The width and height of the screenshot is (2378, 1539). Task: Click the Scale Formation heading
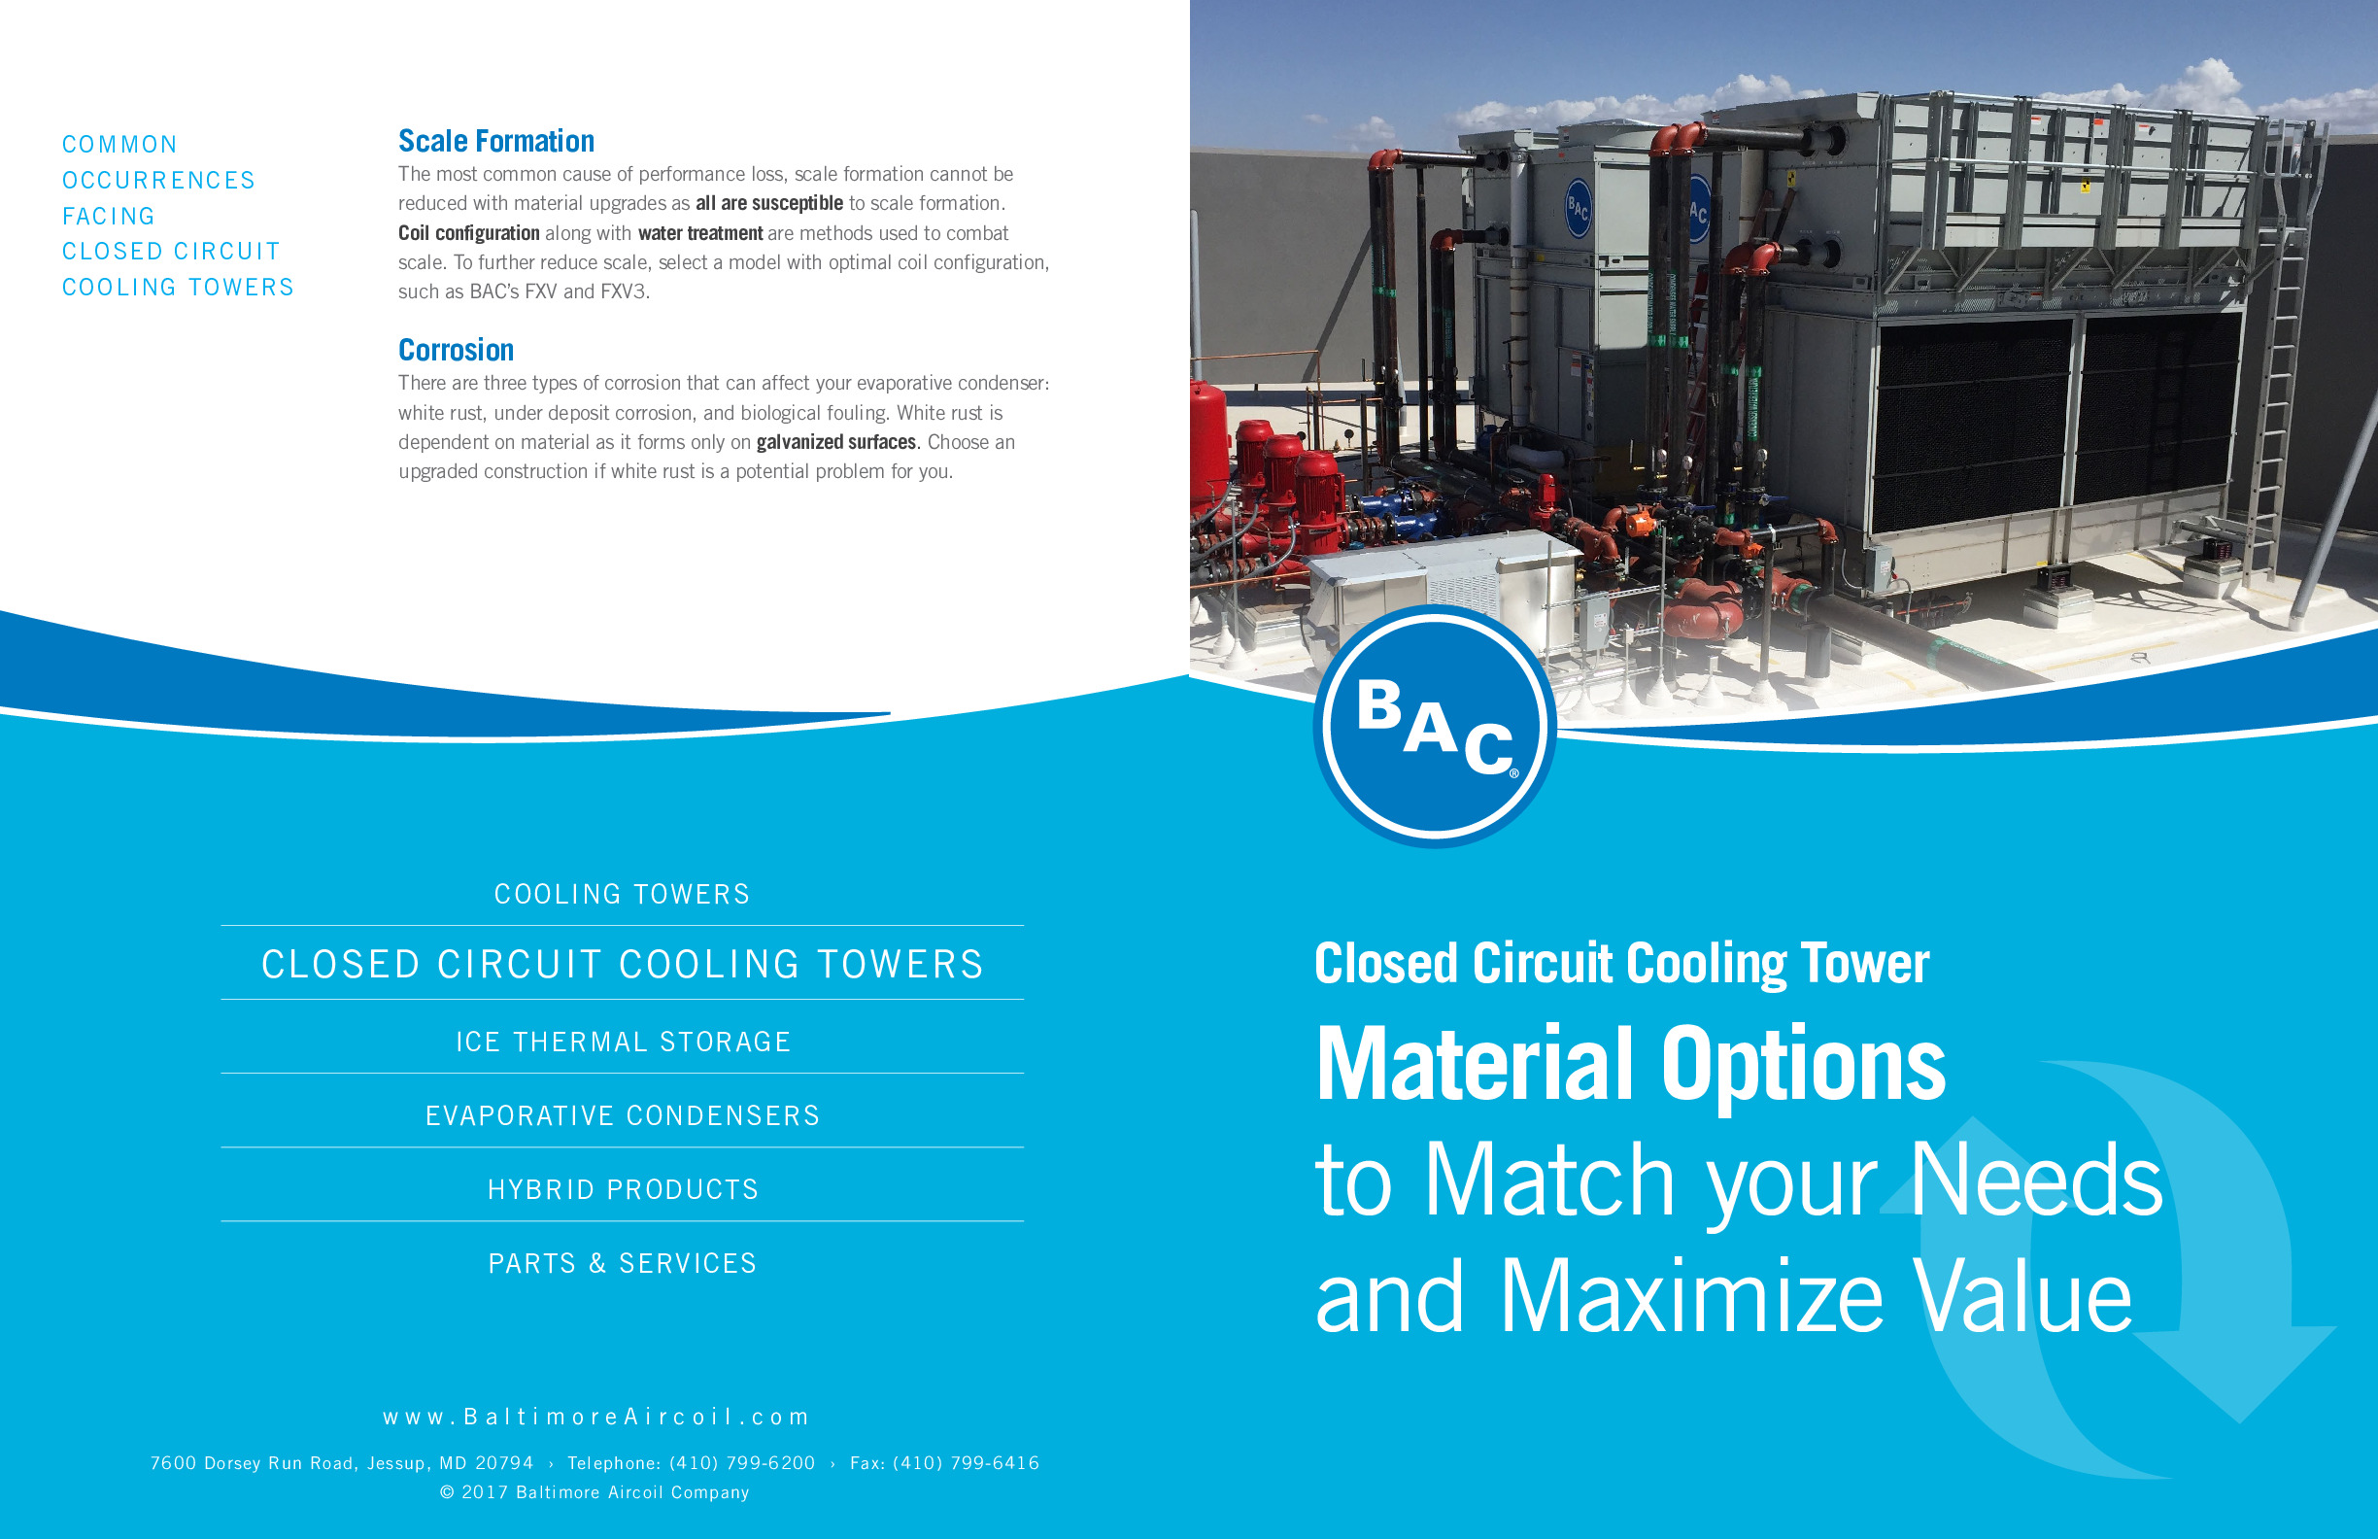495,141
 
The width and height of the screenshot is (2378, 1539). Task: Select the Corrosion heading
456,350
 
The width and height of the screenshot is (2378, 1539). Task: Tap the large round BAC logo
1434,727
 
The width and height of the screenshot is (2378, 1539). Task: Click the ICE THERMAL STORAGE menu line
623,1042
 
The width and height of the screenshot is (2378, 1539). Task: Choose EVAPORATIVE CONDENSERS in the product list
623,1115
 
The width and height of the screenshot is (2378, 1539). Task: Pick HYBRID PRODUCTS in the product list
623,1189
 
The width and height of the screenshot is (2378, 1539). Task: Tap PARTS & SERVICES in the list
623,1263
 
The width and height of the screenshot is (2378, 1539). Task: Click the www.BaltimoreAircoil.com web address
595,1416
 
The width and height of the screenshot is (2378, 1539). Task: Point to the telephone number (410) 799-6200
741,1463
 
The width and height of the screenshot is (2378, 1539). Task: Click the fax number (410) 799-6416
966,1463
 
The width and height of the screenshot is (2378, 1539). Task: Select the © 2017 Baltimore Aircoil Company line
594,1492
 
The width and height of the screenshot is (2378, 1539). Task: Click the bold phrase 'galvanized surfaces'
835,442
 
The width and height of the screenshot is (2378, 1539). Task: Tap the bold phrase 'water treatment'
700,233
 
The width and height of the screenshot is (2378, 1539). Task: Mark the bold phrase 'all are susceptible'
769,203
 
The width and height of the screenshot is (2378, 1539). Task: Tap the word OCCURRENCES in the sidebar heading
159,180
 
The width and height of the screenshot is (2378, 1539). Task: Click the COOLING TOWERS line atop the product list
623,894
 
